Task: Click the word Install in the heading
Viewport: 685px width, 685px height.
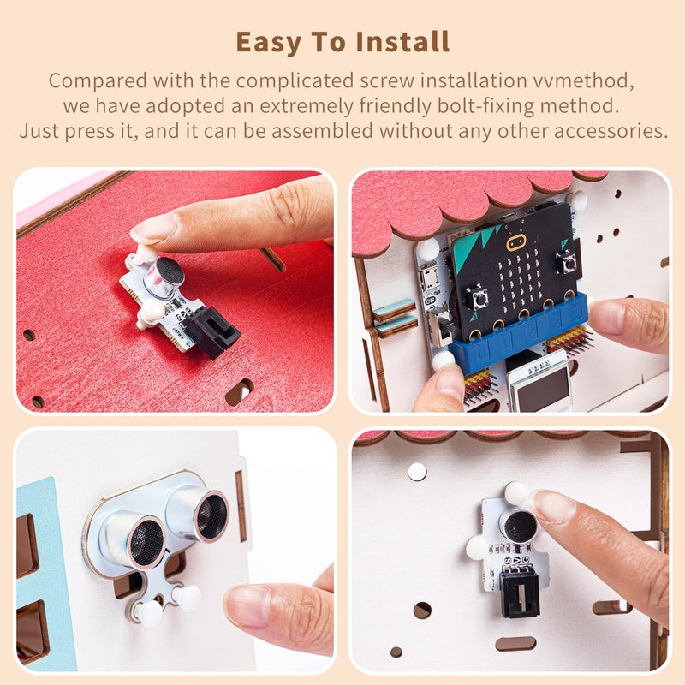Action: (399, 41)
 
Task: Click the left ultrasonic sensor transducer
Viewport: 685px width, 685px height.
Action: (146, 539)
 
